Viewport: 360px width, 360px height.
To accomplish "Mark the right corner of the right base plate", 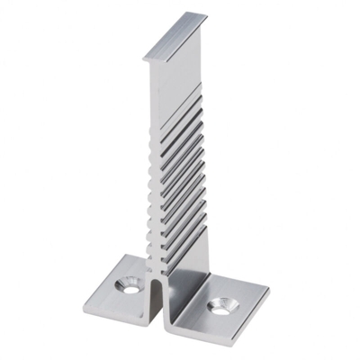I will tap(268, 290).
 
